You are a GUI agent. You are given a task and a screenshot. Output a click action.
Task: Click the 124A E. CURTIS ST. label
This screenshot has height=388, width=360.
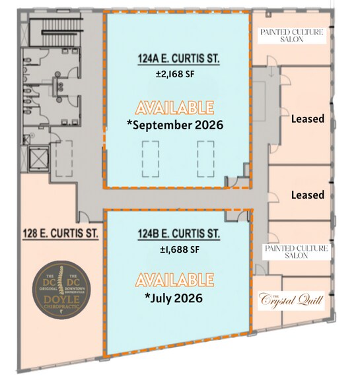coord(176,61)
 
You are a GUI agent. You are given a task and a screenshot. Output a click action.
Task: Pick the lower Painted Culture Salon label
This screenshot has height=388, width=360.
coord(296,251)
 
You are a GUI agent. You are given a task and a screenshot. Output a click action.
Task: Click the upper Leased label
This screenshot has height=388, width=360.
coord(307,119)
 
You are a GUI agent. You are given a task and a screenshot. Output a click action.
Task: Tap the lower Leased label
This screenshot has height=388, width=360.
coord(307,195)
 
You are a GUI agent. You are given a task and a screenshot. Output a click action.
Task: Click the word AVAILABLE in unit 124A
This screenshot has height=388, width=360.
coord(174,107)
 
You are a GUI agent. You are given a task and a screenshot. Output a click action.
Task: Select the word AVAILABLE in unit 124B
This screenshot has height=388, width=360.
coord(174,279)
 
